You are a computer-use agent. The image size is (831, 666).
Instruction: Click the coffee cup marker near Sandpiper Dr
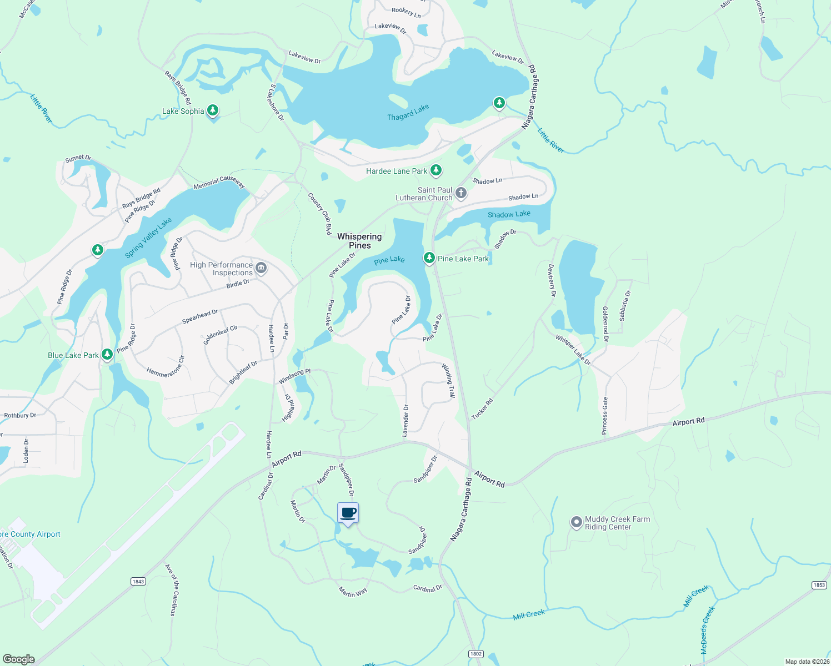click(x=348, y=513)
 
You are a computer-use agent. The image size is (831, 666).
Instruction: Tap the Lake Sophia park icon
click(x=212, y=110)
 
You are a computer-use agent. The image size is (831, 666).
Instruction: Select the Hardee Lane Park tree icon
click(x=436, y=170)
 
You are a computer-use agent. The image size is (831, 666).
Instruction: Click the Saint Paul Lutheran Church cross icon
click(x=460, y=193)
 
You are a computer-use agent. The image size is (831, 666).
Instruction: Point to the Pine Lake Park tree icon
click(x=429, y=258)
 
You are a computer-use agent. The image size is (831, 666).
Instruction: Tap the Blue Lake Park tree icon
click(x=107, y=354)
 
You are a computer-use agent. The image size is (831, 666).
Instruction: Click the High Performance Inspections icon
click(x=261, y=269)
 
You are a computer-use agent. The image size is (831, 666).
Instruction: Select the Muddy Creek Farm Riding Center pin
click(x=576, y=522)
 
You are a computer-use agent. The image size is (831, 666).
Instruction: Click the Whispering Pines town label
click(x=359, y=241)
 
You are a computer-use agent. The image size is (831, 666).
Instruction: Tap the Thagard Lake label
click(x=408, y=113)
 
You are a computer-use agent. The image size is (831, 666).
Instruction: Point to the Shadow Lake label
click(x=509, y=214)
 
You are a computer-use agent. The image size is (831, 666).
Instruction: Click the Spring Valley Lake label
click(x=148, y=238)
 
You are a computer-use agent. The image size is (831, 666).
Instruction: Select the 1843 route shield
click(x=138, y=581)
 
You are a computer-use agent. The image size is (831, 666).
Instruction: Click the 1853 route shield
click(x=819, y=585)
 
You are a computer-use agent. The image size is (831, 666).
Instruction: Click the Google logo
click(x=19, y=659)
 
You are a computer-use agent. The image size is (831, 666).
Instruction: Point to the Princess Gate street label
click(x=605, y=416)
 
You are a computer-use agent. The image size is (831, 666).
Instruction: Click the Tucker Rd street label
click(x=482, y=409)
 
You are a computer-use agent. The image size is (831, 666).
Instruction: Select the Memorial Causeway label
click(x=219, y=182)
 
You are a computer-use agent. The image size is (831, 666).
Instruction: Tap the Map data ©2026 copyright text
click(x=807, y=662)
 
